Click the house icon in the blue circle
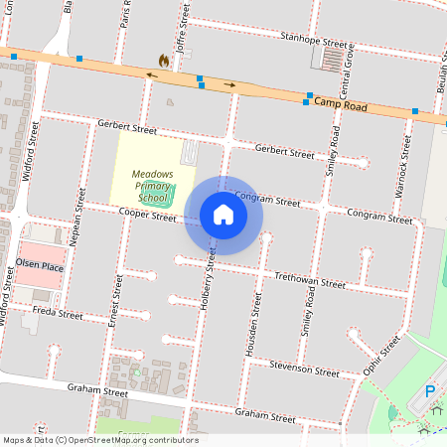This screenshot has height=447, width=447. click(223, 215)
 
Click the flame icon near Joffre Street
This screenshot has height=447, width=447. click(163, 62)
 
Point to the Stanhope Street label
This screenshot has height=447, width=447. click(315, 42)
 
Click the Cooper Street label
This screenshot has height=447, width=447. click(147, 215)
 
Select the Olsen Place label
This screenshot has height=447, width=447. click(40, 267)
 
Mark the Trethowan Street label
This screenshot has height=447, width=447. click(310, 280)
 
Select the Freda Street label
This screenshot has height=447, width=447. click(58, 313)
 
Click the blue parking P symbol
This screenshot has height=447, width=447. click(430, 391)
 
